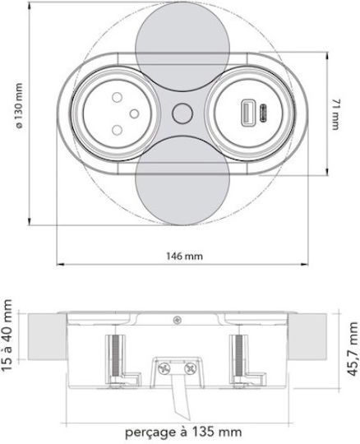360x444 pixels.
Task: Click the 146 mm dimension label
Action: click(184, 257)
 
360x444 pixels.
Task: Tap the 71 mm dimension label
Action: click(335, 114)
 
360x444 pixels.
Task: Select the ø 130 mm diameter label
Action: click(18, 106)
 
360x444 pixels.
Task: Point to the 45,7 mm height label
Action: click(353, 349)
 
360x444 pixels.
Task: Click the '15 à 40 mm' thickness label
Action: click(7, 335)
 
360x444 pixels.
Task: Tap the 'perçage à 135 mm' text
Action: click(183, 432)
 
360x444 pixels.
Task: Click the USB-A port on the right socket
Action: click(247, 113)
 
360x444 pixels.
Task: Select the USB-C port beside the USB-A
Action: click(263, 113)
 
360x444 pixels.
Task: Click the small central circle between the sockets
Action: click(182, 113)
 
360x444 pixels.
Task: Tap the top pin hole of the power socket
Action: click(117, 97)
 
